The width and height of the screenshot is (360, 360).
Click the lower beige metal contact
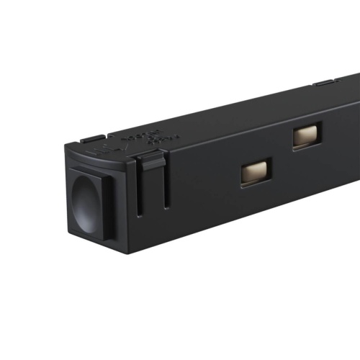pyautogui.click(x=256, y=172)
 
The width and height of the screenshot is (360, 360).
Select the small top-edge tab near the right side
pyautogui.click(x=323, y=84)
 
